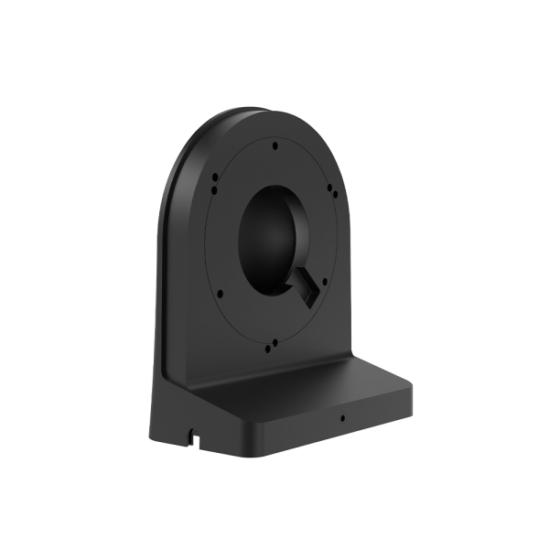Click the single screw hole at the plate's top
pos(274,143)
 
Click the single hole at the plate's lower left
pos(220,294)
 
